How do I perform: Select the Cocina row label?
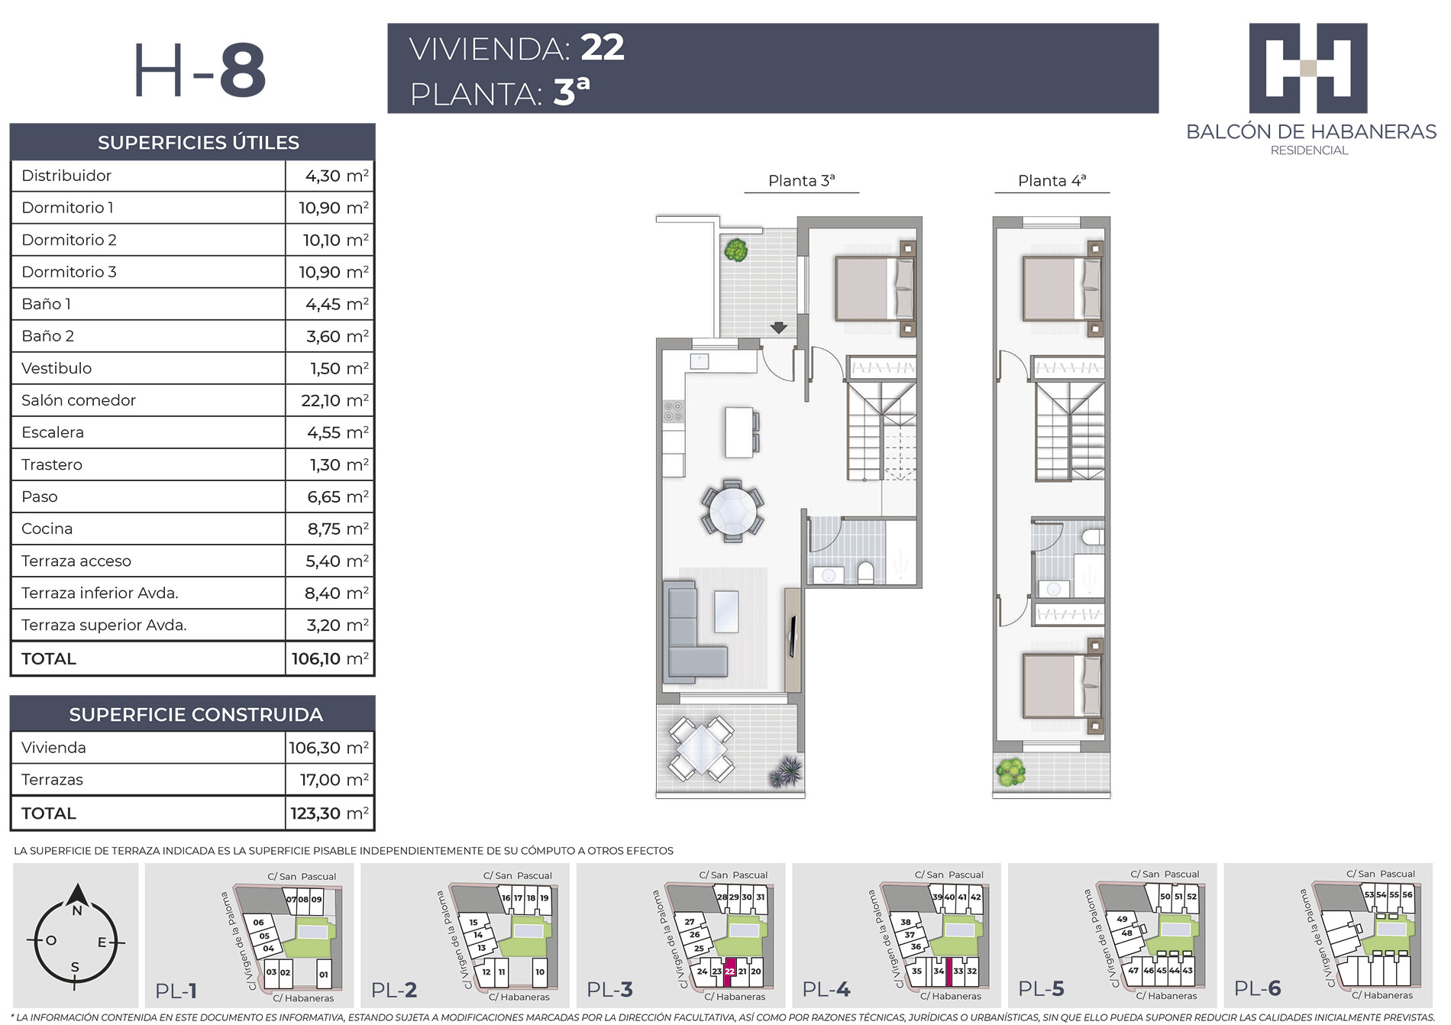(x=47, y=529)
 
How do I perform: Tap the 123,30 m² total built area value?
(x=329, y=813)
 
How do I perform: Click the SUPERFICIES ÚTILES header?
(x=199, y=142)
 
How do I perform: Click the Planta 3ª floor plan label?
(x=801, y=181)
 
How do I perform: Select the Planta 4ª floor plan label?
(x=1052, y=181)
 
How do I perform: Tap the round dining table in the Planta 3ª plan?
(x=732, y=511)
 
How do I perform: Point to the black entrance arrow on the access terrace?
(x=778, y=328)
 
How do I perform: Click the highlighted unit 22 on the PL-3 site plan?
(x=729, y=972)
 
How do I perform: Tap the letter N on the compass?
(x=76, y=911)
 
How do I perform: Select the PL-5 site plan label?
(x=1041, y=989)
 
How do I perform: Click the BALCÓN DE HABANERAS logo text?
(x=1311, y=131)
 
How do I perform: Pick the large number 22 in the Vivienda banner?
(x=603, y=47)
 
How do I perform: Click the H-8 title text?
(x=200, y=70)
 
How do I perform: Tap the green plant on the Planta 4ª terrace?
(x=1010, y=773)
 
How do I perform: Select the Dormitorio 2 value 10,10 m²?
(x=336, y=240)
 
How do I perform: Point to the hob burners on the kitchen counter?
(x=674, y=412)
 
